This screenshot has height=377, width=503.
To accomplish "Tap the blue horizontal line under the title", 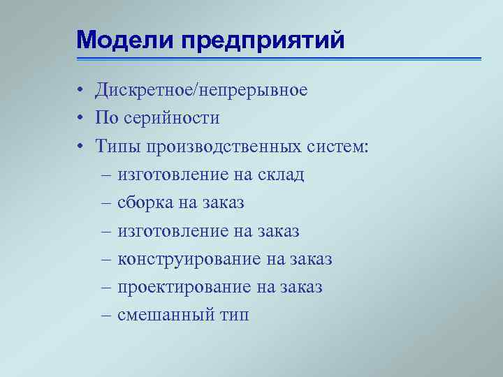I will coord(279,59).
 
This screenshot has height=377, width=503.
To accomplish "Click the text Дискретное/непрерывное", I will coord(201,91).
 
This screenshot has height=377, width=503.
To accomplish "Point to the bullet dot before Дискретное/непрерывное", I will coord(82,91).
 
